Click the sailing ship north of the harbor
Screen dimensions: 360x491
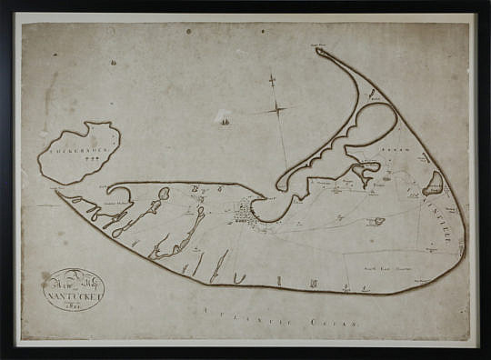(224, 116)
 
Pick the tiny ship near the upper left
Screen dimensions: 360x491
(113, 63)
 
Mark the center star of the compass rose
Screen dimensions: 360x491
(277, 110)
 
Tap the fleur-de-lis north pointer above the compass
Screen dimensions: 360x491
(271, 81)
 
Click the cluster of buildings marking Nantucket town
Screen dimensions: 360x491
(243, 214)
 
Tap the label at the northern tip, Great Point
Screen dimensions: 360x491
(317, 43)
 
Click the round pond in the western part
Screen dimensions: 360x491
(165, 193)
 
